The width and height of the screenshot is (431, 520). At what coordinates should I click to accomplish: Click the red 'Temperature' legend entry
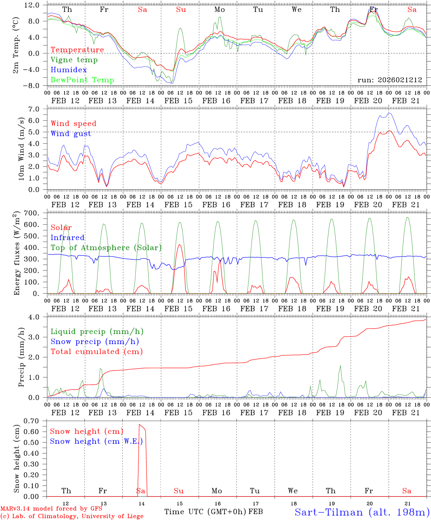(77, 50)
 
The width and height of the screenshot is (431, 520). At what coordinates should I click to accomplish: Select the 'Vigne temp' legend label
(74, 60)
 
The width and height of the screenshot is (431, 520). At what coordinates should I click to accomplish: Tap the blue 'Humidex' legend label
(69, 70)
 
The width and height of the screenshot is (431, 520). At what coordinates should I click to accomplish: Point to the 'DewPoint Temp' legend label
(82, 80)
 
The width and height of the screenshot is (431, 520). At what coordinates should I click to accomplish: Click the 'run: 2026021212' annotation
(390, 80)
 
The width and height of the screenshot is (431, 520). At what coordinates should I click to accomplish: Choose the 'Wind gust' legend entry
(71, 134)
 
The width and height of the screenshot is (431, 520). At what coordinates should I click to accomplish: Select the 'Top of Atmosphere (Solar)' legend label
(106, 248)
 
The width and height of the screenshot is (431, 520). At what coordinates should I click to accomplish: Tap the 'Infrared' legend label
(68, 238)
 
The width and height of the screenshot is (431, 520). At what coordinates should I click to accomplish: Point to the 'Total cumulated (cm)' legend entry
(96, 352)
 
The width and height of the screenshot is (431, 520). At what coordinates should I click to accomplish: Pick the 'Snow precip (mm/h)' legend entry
(95, 342)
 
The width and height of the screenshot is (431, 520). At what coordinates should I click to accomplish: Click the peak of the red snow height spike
(140, 424)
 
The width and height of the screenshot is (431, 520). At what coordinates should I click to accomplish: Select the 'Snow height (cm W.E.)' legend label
(96, 441)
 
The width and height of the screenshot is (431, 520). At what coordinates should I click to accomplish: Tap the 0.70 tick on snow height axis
(36, 421)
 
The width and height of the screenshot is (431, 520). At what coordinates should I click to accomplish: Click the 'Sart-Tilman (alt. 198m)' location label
(362, 512)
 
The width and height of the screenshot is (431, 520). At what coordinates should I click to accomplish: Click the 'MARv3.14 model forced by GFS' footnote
(51, 509)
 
